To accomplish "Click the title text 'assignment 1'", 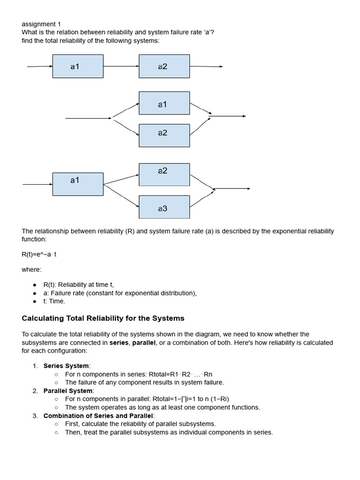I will tap(41, 24).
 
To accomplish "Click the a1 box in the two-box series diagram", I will tap(78, 67).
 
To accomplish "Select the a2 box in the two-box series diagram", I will tap(164, 67).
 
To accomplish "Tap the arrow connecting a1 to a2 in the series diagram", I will tap(121, 66).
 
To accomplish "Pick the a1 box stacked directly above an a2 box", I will tap(164, 104).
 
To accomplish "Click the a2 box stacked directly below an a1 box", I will tap(164, 135).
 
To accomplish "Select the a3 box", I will tap(164, 207).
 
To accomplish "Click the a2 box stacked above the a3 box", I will tap(164, 174).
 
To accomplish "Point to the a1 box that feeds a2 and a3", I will tap(78, 184).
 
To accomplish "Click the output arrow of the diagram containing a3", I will tap(232, 189).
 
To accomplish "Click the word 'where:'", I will tap(31, 270).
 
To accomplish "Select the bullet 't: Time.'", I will tap(54, 301).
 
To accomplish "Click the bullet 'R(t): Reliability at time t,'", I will tap(79, 285).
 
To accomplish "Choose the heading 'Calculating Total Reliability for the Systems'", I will tap(103, 318).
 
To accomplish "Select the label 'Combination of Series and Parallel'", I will tap(98, 416).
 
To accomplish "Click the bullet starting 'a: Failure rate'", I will tap(120, 293).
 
